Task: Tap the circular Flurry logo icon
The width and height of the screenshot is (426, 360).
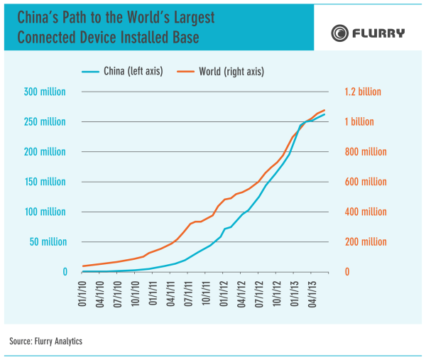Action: [x=340, y=33]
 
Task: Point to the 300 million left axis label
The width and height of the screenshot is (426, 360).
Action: [x=45, y=92]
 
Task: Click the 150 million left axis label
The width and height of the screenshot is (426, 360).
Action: [x=45, y=182]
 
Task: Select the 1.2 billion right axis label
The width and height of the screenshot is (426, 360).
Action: [x=363, y=92]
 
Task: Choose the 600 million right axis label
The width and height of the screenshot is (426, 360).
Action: [x=366, y=182]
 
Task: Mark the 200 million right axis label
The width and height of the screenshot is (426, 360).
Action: [x=366, y=242]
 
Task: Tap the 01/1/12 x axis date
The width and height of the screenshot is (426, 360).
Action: [x=224, y=293]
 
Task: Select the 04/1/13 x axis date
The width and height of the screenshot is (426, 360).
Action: [x=312, y=293]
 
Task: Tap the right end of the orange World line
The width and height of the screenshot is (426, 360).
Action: [x=324, y=110]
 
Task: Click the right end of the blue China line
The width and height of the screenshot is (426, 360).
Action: [x=324, y=114]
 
